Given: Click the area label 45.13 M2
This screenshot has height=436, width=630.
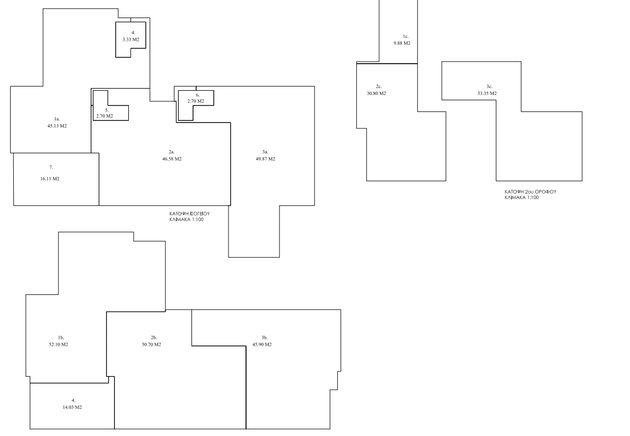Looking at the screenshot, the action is point(57,126).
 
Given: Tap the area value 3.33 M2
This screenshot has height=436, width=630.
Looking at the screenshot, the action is point(131,39).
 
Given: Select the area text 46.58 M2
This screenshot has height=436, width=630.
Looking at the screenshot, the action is point(172,159).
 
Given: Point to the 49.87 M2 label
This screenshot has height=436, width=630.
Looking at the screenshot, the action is point(266,159).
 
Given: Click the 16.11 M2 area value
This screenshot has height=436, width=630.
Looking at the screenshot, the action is point(50,179).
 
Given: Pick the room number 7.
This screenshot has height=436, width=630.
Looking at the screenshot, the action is point(51,167).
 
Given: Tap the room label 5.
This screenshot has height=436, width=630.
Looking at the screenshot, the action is point(107,110).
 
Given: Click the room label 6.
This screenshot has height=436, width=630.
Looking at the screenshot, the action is point(198,95).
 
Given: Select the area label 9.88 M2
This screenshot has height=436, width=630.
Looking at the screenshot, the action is point(402,43).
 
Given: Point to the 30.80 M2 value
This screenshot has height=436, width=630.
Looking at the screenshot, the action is point(377,93).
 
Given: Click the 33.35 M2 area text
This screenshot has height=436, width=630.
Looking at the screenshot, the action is point(487,93).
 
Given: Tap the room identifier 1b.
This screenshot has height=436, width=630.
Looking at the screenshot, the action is point(60,337).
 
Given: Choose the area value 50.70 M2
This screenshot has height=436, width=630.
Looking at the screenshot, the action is point(152,344).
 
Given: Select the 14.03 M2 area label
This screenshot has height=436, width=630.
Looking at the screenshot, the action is point(72,407).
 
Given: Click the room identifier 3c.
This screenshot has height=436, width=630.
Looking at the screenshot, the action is point(489,86).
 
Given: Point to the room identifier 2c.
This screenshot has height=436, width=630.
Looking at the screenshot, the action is point(379,86).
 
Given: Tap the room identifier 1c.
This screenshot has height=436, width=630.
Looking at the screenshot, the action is point(406,36).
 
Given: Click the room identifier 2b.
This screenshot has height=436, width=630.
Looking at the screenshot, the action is point(154,337).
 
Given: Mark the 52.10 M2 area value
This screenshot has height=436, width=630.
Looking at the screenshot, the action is point(58,344).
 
